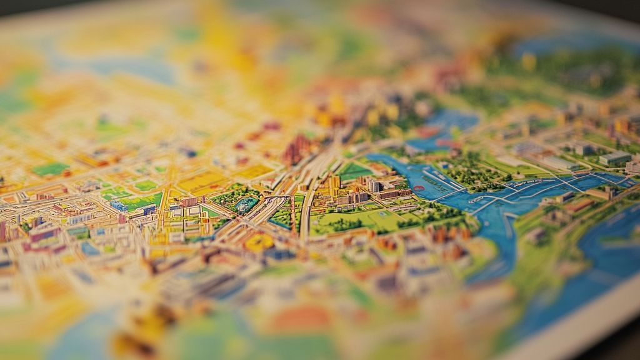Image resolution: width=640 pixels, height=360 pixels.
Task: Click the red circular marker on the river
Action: tap(418, 187)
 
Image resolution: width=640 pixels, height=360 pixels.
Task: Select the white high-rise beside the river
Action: tap(374, 186)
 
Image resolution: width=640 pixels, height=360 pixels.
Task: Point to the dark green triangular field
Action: tap(354, 171)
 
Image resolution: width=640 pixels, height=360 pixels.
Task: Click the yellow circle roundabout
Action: tap(259, 242)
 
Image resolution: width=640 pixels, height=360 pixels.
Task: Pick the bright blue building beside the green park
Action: tap(119, 206)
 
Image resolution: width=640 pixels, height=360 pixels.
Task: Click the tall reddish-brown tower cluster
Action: tap(297, 150)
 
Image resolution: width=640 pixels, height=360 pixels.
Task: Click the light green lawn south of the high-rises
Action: tap(362, 219)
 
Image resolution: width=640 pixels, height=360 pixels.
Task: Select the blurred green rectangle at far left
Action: tap(50, 169)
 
